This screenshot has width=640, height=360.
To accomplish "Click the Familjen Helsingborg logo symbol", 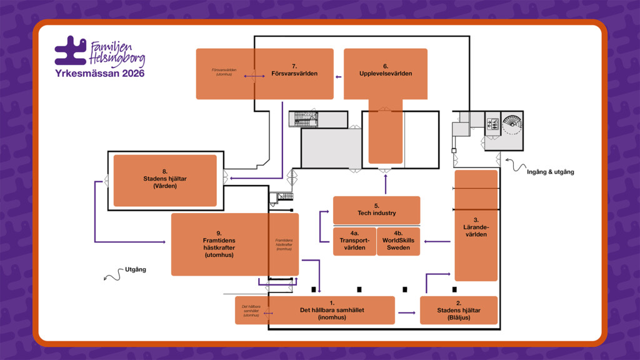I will [70, 51].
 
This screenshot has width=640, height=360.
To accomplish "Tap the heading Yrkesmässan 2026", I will [100, 74].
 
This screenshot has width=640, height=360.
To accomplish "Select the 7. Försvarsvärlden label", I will [294, 70].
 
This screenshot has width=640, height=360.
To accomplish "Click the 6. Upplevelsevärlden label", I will [386, 70].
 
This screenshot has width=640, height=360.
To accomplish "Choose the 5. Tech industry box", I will [376, 210].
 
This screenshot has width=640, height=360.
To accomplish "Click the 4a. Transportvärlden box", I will [354, 242].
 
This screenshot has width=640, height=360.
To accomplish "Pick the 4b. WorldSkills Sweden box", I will [399, 242].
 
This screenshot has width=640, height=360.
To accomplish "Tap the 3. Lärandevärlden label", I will [476, 227].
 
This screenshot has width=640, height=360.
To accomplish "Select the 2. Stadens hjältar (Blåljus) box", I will [459, 311].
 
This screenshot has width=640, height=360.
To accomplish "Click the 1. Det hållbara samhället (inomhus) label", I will [332, 311].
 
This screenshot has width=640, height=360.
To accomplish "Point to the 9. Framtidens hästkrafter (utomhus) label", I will [219, 244].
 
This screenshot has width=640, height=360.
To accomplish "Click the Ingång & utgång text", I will [551, 172].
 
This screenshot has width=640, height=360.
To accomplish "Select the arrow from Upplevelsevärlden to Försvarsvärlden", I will [338, 77].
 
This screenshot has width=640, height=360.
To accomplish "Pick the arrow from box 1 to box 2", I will [407, 312].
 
